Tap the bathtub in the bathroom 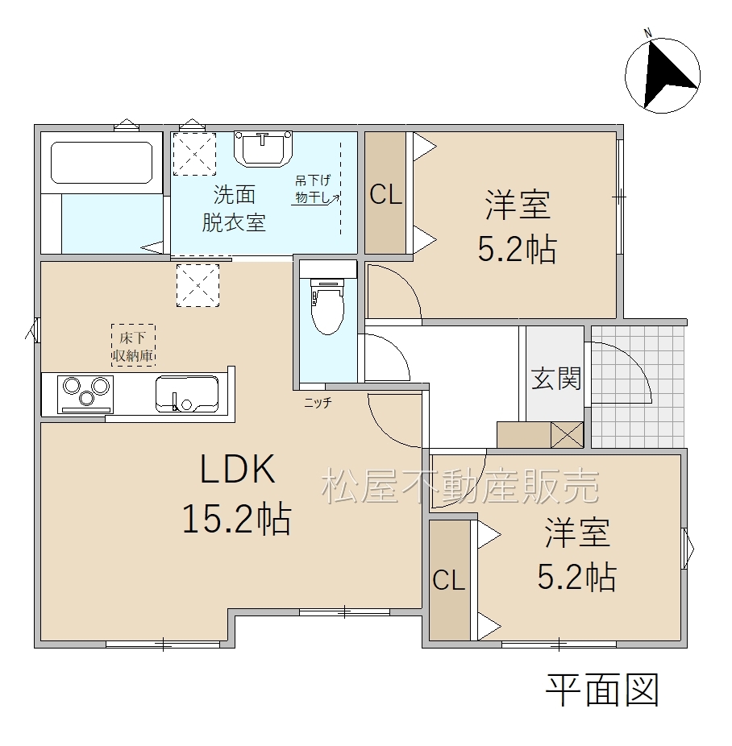tap(102, 162)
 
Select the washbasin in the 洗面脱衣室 tap(263, 148)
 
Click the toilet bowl tap(327, 305)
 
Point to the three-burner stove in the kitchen tap(85, 394)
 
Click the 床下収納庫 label tap(133, 346)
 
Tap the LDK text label tap(238, 469)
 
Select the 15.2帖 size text tap(236, 519)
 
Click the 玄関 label tap(556, 379)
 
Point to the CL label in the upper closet tap(386, 194)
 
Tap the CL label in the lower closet tap(448, 580)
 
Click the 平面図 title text tap(602, 690)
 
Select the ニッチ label tap(318, 404)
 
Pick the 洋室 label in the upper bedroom tap(518, 205)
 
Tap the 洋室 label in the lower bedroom tap(577, 533)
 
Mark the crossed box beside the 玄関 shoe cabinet tap(568, 434)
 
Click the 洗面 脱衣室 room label tap(233, 208)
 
